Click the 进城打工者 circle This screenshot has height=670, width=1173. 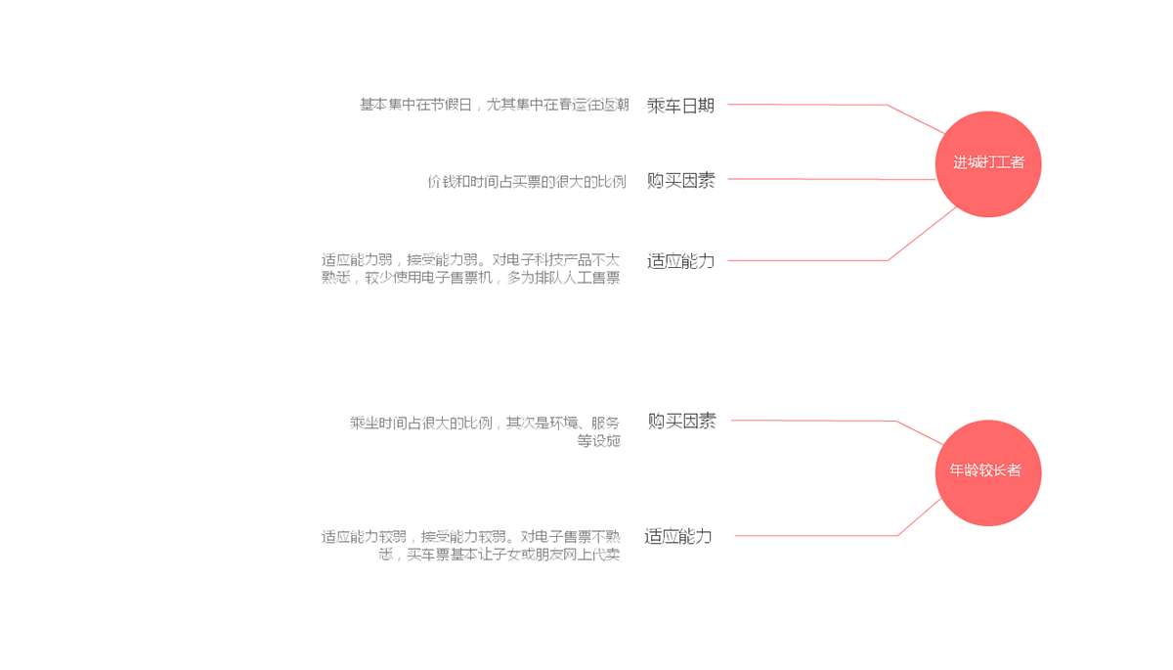coord(988,163)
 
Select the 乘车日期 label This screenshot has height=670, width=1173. coord(680,106)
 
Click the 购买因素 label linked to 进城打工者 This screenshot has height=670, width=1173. coord(680,180)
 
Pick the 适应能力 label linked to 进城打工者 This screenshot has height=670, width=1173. coord(680,261)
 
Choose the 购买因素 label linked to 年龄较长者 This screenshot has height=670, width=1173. coord(681,421)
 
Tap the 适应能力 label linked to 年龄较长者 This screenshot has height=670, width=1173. coord(678,536)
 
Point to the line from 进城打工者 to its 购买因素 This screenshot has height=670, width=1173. coord(831,179)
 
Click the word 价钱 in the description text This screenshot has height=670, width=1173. coord(441,182)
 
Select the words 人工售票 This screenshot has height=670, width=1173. coord(592,278)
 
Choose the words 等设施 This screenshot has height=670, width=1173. coord(598,441)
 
